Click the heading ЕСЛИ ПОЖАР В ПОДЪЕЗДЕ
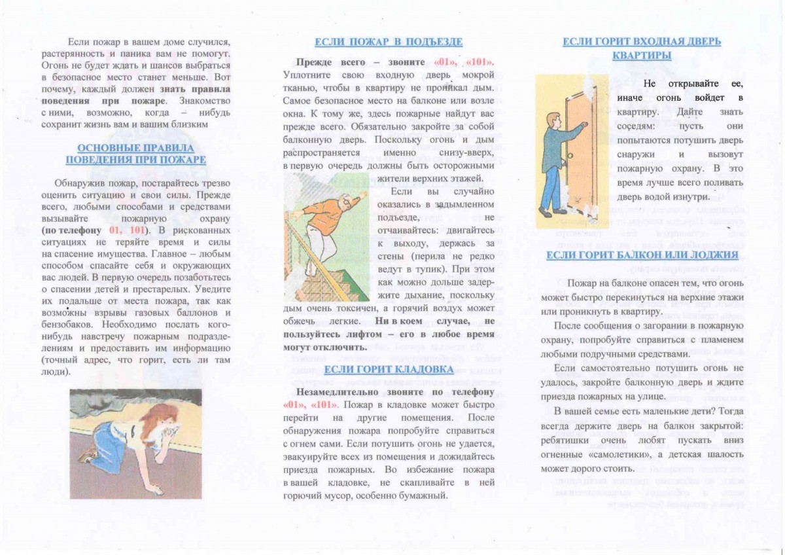pos(389,43)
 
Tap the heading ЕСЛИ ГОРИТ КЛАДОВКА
pos(388,370)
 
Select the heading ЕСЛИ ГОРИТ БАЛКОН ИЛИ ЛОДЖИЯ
pos(642,255)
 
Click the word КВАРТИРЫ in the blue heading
pos(642,56)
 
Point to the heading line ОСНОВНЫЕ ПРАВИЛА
pos(135,148)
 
